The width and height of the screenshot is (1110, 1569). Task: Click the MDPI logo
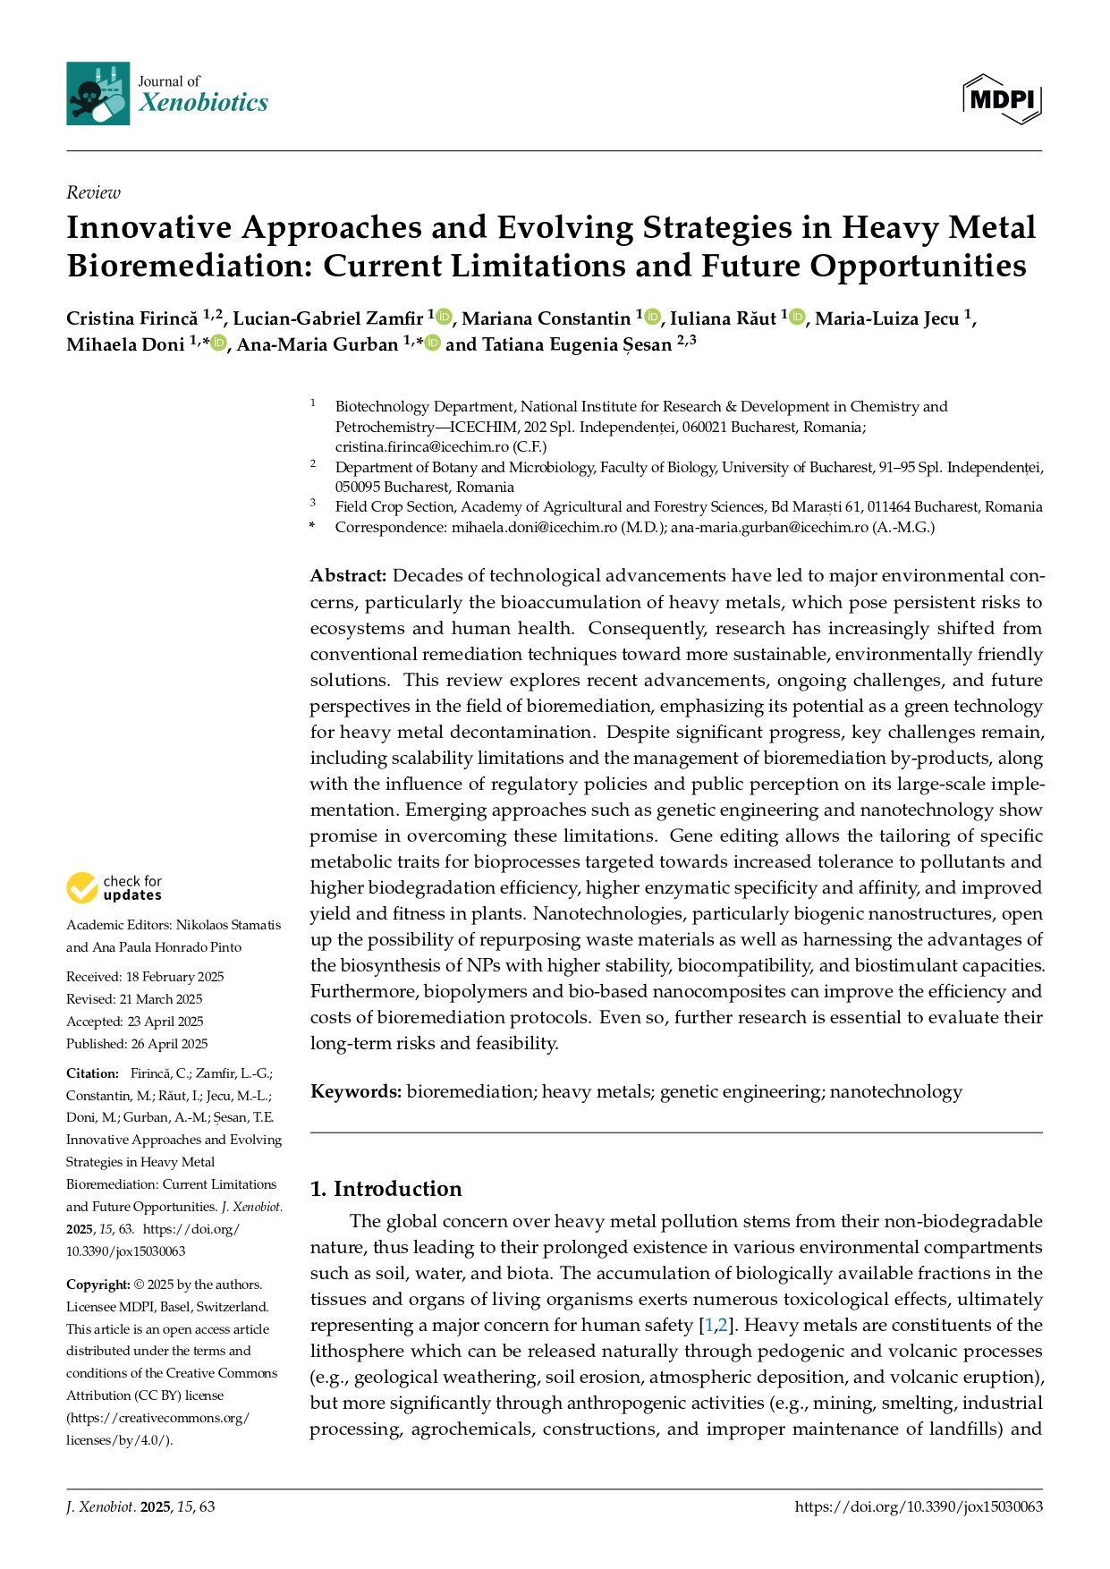coord(1002,98)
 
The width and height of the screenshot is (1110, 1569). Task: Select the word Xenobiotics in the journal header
coord(203,102)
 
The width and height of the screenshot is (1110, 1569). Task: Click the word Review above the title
coord(93,192)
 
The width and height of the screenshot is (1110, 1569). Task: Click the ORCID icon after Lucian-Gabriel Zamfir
coord(445,318)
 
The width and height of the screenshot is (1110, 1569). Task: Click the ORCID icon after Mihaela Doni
coord(219,343)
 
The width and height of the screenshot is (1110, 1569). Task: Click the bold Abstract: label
coord(348,575)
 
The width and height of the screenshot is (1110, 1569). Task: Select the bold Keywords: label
coord(356,1091)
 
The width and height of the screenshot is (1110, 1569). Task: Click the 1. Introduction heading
coord(386,1189)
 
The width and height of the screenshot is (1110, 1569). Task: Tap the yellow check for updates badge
coord(82,888)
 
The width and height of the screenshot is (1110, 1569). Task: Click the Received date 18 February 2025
coord(174,977)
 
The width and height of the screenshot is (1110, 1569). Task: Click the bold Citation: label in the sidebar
coord(92,1073)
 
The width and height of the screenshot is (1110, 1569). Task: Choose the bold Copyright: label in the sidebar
coord(97,1285)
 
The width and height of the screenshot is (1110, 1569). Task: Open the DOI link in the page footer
coord(919,1506)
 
